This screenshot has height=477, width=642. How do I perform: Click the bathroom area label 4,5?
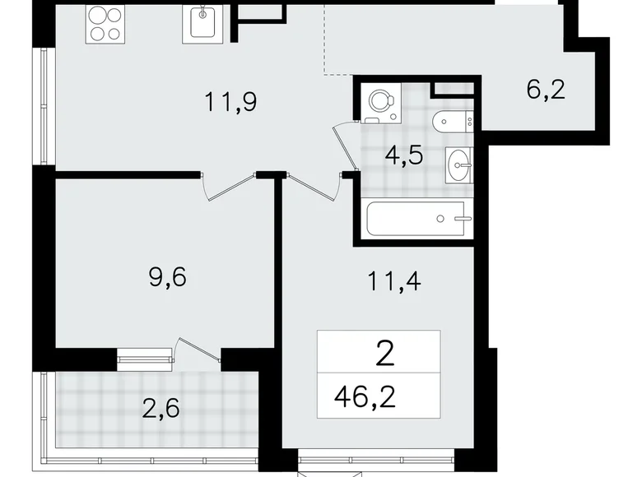[404, 155]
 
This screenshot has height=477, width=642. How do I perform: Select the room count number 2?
[383, 355]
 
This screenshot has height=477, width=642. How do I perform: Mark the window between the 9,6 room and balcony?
[144, 355]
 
